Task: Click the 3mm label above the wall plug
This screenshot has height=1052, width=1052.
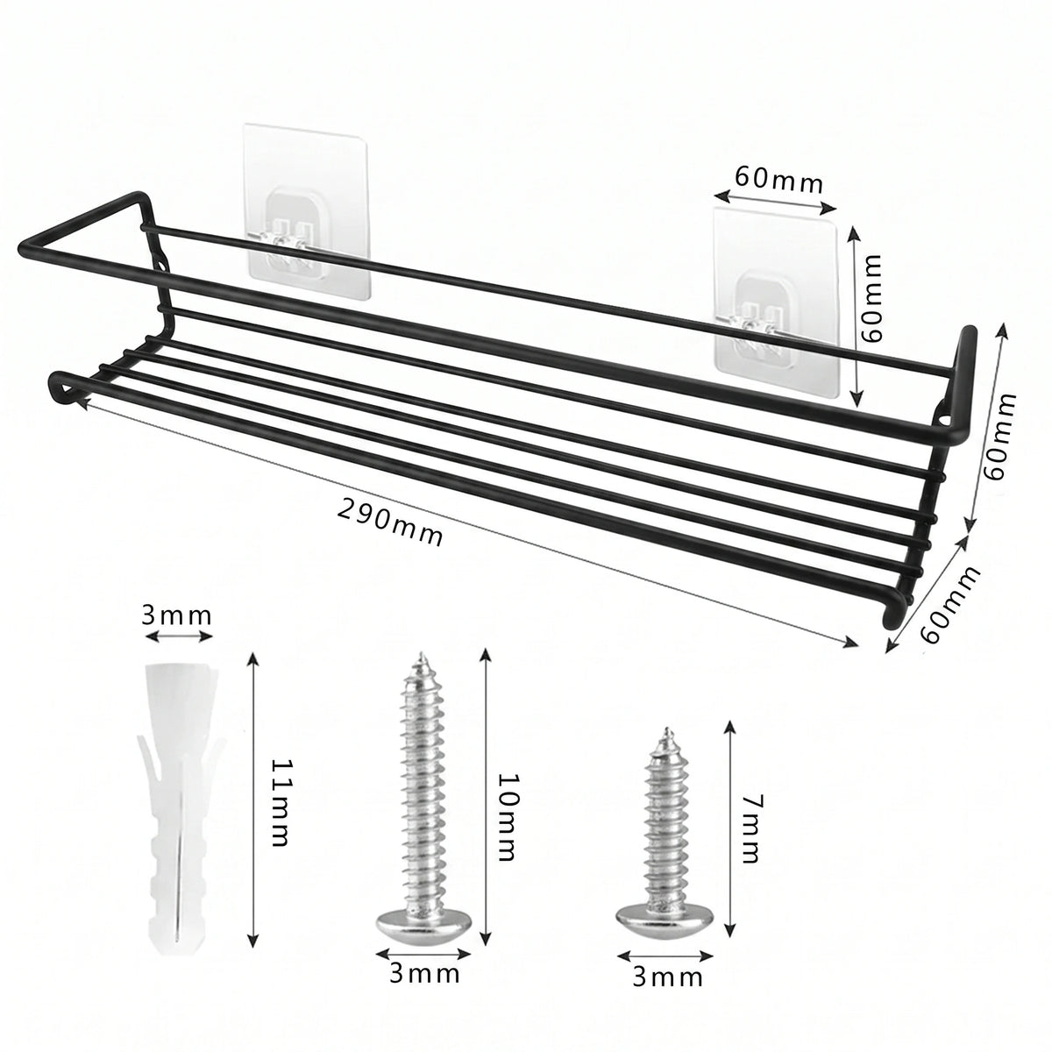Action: pyautogui.click(x=176, y=616)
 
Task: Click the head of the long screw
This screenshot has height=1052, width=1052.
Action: pyautogui.click(x=423, y=933)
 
